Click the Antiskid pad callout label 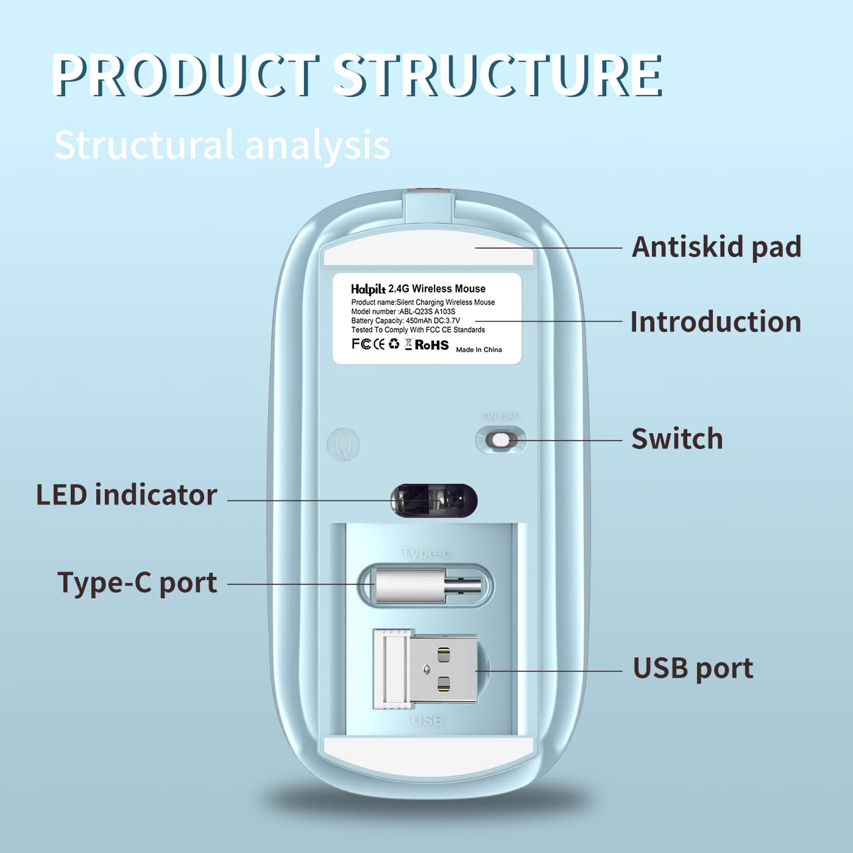coord(717,247)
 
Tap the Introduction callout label coord(715,322)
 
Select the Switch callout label coord(677,439)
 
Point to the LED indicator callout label coord(127,495)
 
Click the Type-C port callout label coord(137,582)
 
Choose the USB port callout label coord(693,668)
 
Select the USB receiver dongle coord(425,669)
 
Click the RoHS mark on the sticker coord(431,345)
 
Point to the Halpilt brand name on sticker coord(368,289)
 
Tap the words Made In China coord(479,350)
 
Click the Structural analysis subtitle coord(222,145)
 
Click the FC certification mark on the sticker coord(361,344)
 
